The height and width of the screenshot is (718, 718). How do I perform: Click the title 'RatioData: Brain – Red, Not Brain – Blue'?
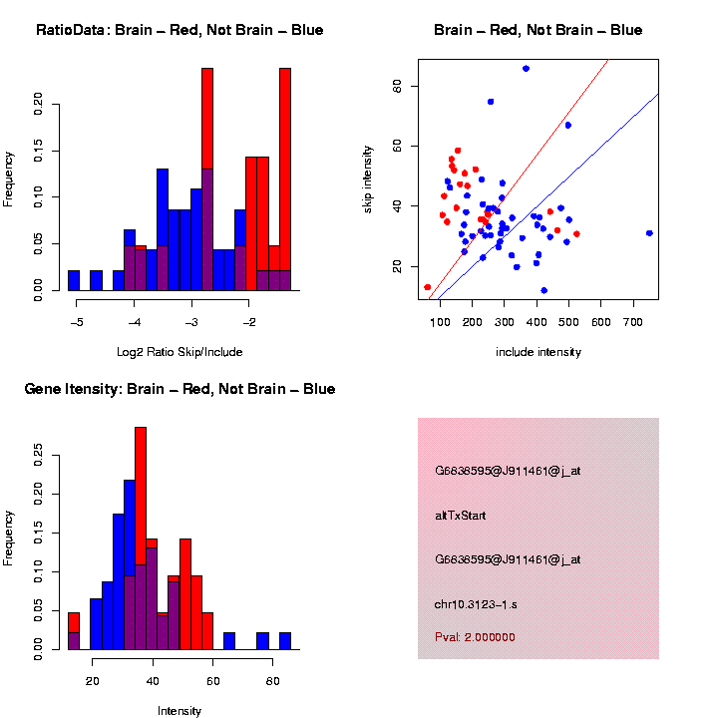(x=179, y=30)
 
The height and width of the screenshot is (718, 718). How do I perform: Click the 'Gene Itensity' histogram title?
(x=179, y=388)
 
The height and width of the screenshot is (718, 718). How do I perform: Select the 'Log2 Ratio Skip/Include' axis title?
(x=179, y=351)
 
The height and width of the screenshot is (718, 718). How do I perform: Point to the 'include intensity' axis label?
(x=538, y=352)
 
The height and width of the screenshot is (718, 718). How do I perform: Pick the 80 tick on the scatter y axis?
(x=396, y=87)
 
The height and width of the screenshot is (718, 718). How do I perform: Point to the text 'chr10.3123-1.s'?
(x=482, y=604)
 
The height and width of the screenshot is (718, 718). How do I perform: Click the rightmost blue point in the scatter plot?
(x=649, y=233)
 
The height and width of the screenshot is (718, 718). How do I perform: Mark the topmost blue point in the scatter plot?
(x=526, y=68)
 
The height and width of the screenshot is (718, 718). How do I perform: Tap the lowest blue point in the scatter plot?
(x=543, y=290)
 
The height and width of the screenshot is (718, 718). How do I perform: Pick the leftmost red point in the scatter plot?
(x=428, y=287)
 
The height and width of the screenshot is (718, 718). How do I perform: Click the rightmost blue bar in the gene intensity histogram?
(x=285, y=641)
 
